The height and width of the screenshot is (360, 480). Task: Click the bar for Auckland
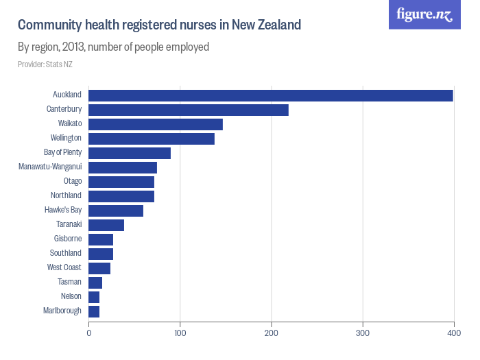pyautogui.click(x=270, y=95)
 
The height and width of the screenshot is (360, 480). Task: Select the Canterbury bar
pyautogui.click(x=188, y=110)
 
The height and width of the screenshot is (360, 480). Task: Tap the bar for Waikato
pyautogui.click(x=155, y=124)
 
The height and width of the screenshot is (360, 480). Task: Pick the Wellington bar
pyautogui.click(x=151, y=139)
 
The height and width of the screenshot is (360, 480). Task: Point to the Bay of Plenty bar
pyautogui.click(x=129, y=153)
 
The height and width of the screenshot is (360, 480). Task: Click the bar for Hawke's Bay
pyautogui.click(x=115, y=211)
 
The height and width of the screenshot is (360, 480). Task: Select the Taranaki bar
pyautogui.click(x=106, y=225)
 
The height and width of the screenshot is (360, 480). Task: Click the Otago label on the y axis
pyautogui.click(x=72, y=181)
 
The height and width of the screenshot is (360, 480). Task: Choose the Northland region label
pyautogui.click(x=66, y=195)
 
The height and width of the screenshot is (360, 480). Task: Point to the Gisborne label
pyautogui.click(x=68, y=239)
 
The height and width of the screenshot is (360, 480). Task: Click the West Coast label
pyautogui.click(x=64, y=267)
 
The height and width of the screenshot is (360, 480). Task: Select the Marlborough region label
pyautogui.click(x=62, y=311)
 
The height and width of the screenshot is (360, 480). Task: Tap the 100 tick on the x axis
pyautogui.click(x=180, y=333)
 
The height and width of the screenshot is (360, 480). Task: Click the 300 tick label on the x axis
pyautogui.click(x=363, y=333)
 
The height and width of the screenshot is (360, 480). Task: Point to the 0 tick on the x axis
pyautogui.click(x=88, y=333)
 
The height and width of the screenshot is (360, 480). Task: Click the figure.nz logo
pyautogui.click(x=424, y=14)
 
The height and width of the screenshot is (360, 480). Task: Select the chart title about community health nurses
pyautogui.click(x=159, y=25)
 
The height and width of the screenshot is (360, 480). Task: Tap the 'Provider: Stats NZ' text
pyautogui.click(x=45, y=64)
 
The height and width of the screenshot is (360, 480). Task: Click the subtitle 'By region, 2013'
pyautogui.click(x=113, y=47)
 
